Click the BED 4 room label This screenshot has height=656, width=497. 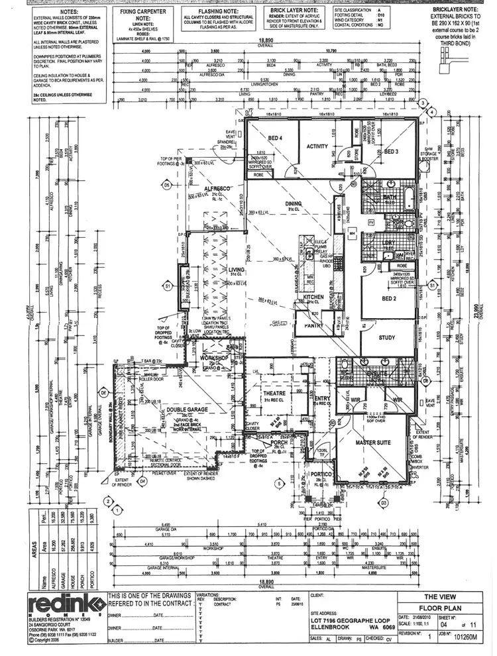(x=275, y=138)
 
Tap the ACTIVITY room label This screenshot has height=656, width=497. (x=318, y=147)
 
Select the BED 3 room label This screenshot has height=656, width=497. (x=391, y=152)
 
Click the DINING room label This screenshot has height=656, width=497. (x=294, y=204)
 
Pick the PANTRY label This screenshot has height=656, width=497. (x=309, y=326)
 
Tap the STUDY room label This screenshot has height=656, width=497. (x=387, y=337)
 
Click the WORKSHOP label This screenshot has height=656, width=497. (x=214, y=358)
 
